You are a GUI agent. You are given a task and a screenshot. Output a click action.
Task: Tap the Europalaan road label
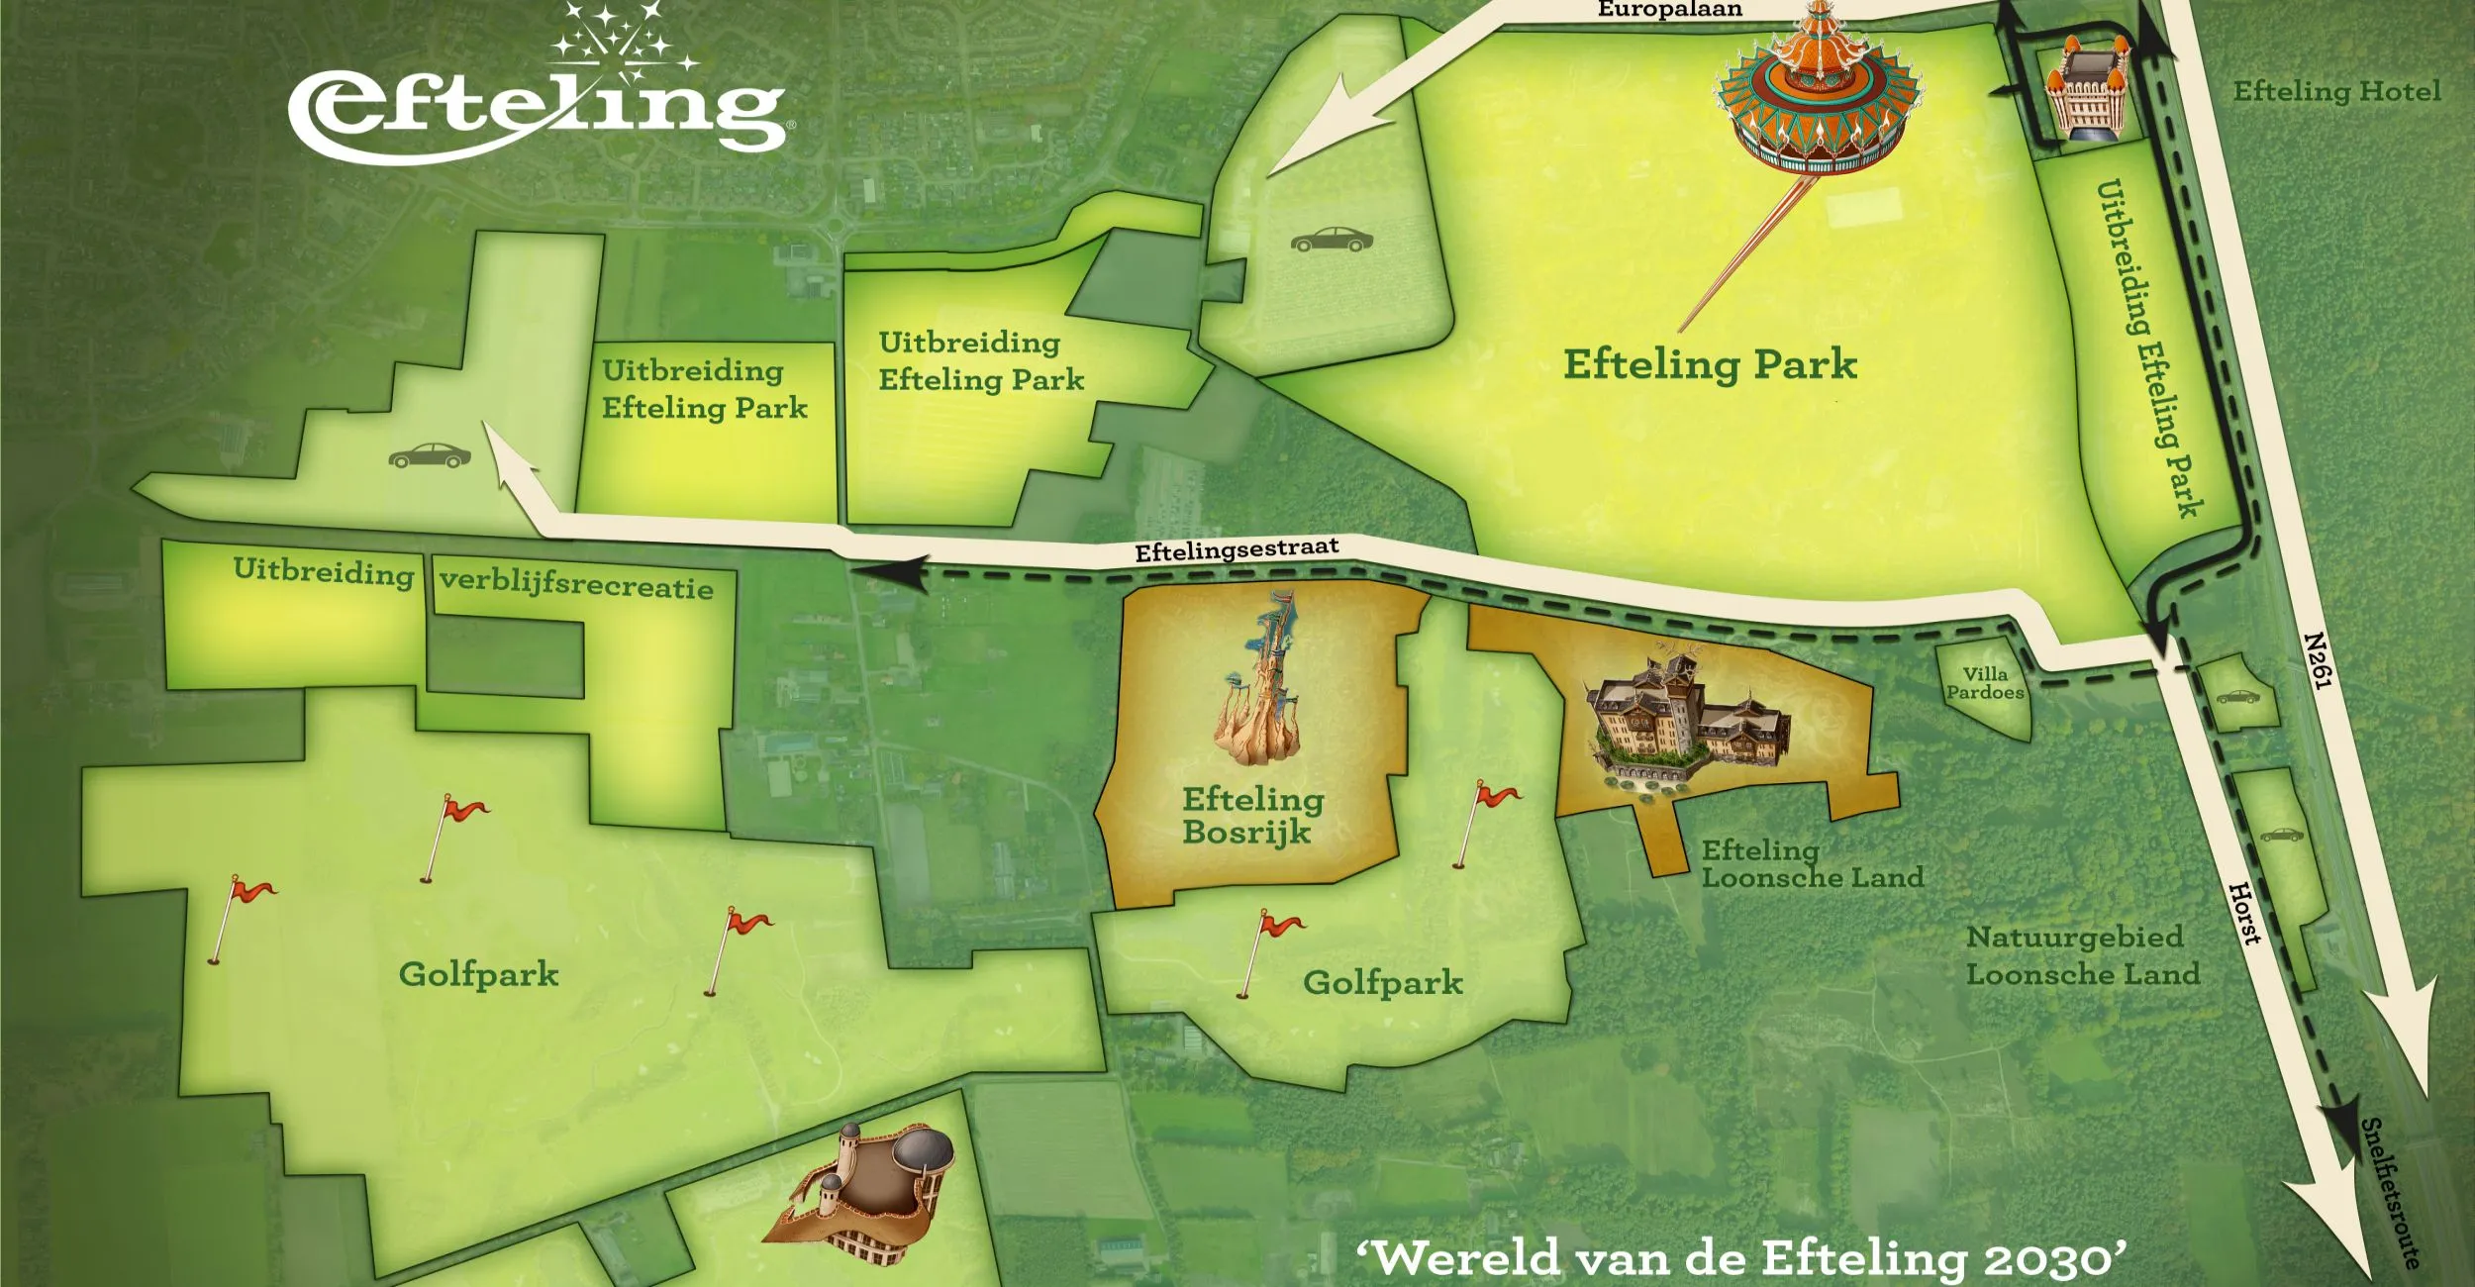(1669, 10)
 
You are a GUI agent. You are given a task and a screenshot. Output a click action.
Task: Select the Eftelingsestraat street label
(1237, 549)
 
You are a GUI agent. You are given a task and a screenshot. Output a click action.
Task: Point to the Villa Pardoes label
(1985, 684)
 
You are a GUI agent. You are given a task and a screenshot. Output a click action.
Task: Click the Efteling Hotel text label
(2336, 92)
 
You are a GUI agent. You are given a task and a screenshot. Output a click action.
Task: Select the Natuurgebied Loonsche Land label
(2082, 955)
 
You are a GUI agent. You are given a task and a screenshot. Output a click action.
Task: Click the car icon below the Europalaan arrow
(1332, 240)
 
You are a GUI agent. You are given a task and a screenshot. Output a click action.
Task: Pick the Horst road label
(2244, 913)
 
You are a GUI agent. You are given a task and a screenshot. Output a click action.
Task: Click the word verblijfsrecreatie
(576, 584)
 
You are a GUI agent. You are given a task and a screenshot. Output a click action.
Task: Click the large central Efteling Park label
(1710, 364)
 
